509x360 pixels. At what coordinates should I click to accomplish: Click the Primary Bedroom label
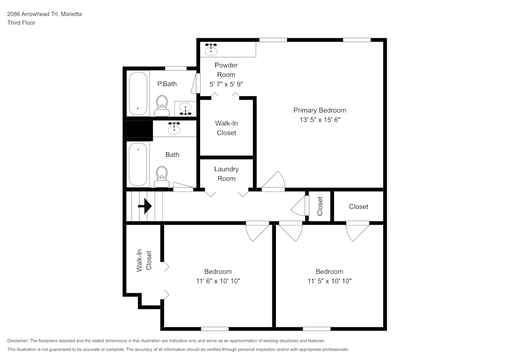[x=320, y=110]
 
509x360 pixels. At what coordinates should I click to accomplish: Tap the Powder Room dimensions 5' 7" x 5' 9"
[x=226, y=85]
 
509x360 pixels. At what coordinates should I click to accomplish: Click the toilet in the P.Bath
[x=162, y=104]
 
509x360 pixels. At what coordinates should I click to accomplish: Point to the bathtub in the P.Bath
[x=137, y=93]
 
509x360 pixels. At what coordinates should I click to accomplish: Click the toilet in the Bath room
[x=162, y=176]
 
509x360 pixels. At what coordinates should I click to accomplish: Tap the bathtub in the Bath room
[x=137, y=164]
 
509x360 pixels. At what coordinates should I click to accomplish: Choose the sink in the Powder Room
[x=211, y=49]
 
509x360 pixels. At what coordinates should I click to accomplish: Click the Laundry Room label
[x=227, y=174]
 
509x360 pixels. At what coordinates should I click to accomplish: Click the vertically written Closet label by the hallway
[x=320, y=206]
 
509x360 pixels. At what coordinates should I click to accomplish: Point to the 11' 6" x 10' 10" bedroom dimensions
[x=218, y=281]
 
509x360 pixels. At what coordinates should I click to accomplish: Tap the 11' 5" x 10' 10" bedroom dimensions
[x=329, y=281]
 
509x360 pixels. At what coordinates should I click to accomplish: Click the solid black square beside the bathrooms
[x=139, y=129]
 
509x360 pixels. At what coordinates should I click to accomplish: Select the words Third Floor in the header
[x=21, y=23]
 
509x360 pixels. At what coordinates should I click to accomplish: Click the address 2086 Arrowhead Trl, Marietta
[x=44, y=14]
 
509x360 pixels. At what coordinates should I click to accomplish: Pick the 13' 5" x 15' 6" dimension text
[x=320, y=120]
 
